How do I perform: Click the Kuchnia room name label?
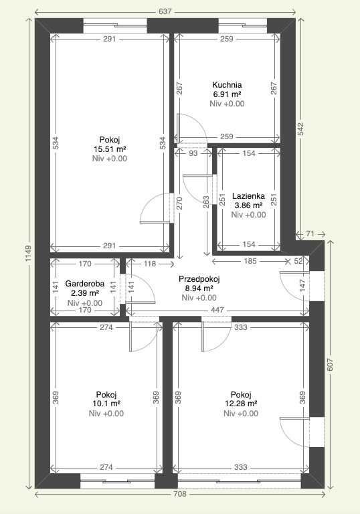point(227,85)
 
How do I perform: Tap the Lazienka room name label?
point(248,196)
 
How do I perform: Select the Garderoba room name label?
point(85,284)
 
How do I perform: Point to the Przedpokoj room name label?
point(199,279)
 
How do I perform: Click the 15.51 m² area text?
point(110,149)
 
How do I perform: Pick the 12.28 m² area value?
point(241,404)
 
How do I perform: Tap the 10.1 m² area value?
point(106,404)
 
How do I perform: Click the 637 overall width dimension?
point(165,11)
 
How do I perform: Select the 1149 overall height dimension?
point(28,253)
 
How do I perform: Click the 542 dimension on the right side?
point(301,129)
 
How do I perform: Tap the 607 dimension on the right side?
point(330,365)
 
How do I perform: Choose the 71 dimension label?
point(310,234)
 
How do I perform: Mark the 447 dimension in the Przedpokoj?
point(217,310)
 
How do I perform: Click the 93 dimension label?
point(194,153)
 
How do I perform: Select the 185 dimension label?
point(250,261)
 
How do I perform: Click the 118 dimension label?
point(149,264)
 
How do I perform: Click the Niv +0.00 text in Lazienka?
point(248,215)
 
